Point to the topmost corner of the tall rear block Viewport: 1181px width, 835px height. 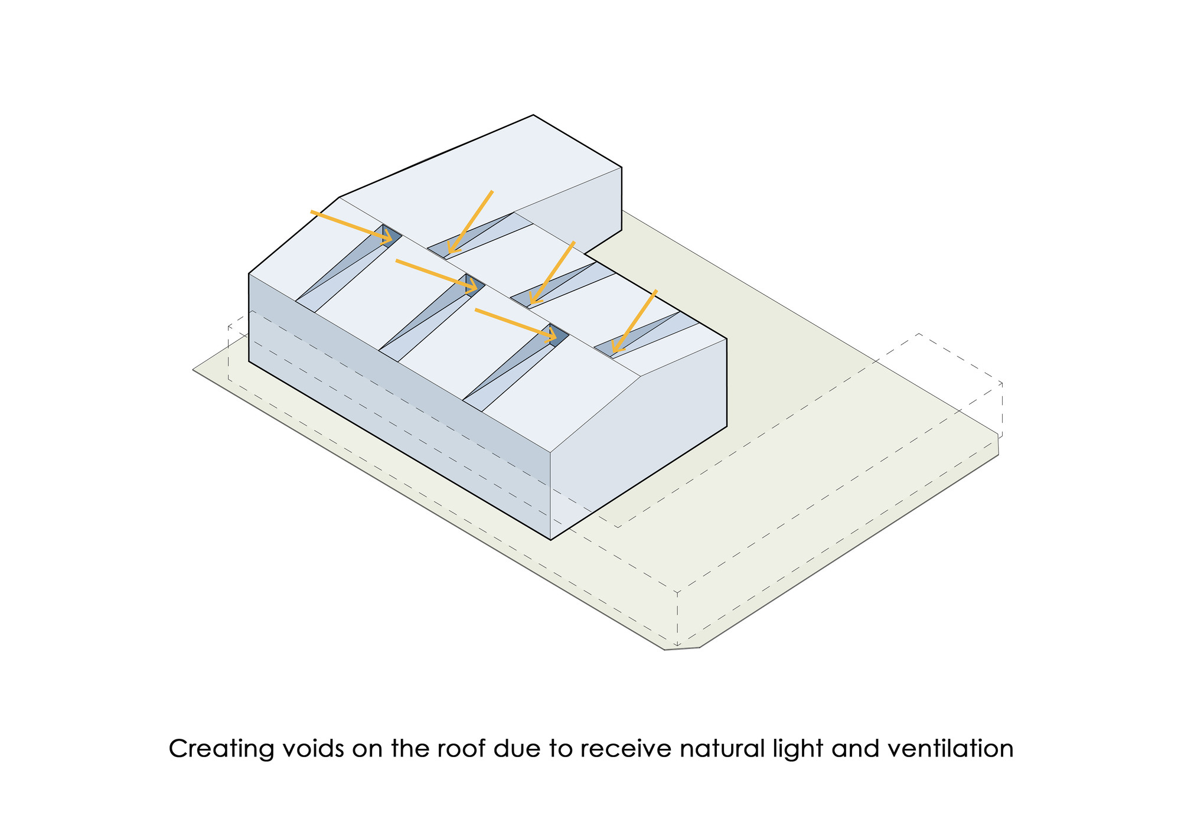coord(533,115)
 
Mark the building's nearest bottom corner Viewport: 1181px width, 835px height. coord(550,539)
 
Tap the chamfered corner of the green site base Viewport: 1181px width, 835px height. coord(682,649)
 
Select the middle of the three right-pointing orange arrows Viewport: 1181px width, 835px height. coord(436,275)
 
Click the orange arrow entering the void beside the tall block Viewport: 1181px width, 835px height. coord(470,222)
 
